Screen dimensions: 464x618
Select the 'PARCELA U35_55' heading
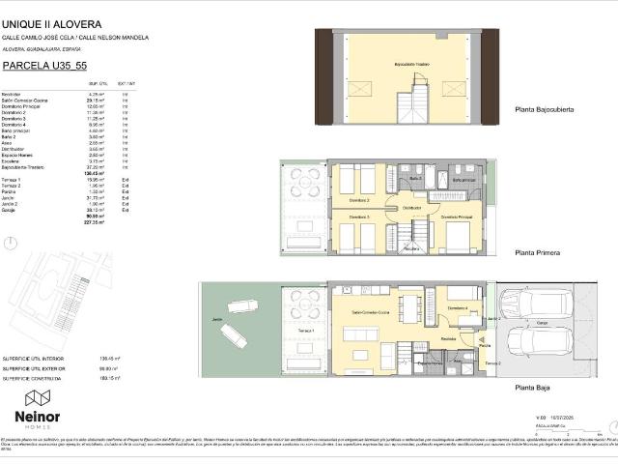pyautogui.click(x=38, y=66)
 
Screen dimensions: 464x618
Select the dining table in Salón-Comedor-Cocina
pyautogui.click(x=408, y=310)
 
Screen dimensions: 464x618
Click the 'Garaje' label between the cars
pyautogui.click(x=542, y=322)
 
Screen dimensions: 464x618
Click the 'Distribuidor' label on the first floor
pyautogui.click(x=412, y=208)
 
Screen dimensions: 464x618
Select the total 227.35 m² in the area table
pyautogui.click(x=94, y=221)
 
